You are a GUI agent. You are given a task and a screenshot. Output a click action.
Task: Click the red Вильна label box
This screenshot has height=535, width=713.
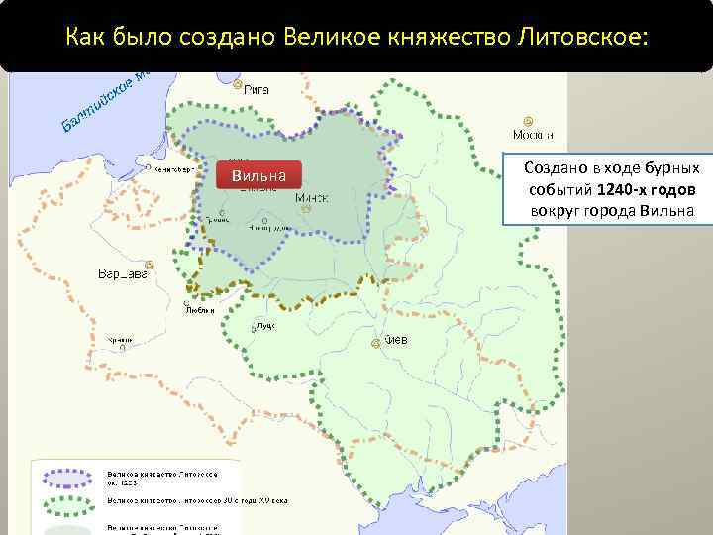tap(258, 176)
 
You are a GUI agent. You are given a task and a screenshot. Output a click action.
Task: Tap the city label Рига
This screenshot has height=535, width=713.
tap(256, 88)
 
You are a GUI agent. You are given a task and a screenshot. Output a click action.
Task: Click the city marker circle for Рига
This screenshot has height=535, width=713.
tap(238, 84)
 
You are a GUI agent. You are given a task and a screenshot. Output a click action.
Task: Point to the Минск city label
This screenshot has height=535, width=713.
tap(312, 197)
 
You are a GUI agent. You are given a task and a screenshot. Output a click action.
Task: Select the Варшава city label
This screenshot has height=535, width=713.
tap(123, 274)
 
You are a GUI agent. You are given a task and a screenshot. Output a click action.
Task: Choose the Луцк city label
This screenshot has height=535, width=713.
tap(264, 325)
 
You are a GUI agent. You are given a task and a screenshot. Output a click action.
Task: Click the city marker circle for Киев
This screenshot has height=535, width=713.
tap(375, 343)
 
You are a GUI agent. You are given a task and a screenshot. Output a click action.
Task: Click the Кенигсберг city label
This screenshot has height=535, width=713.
tap(172, 169)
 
